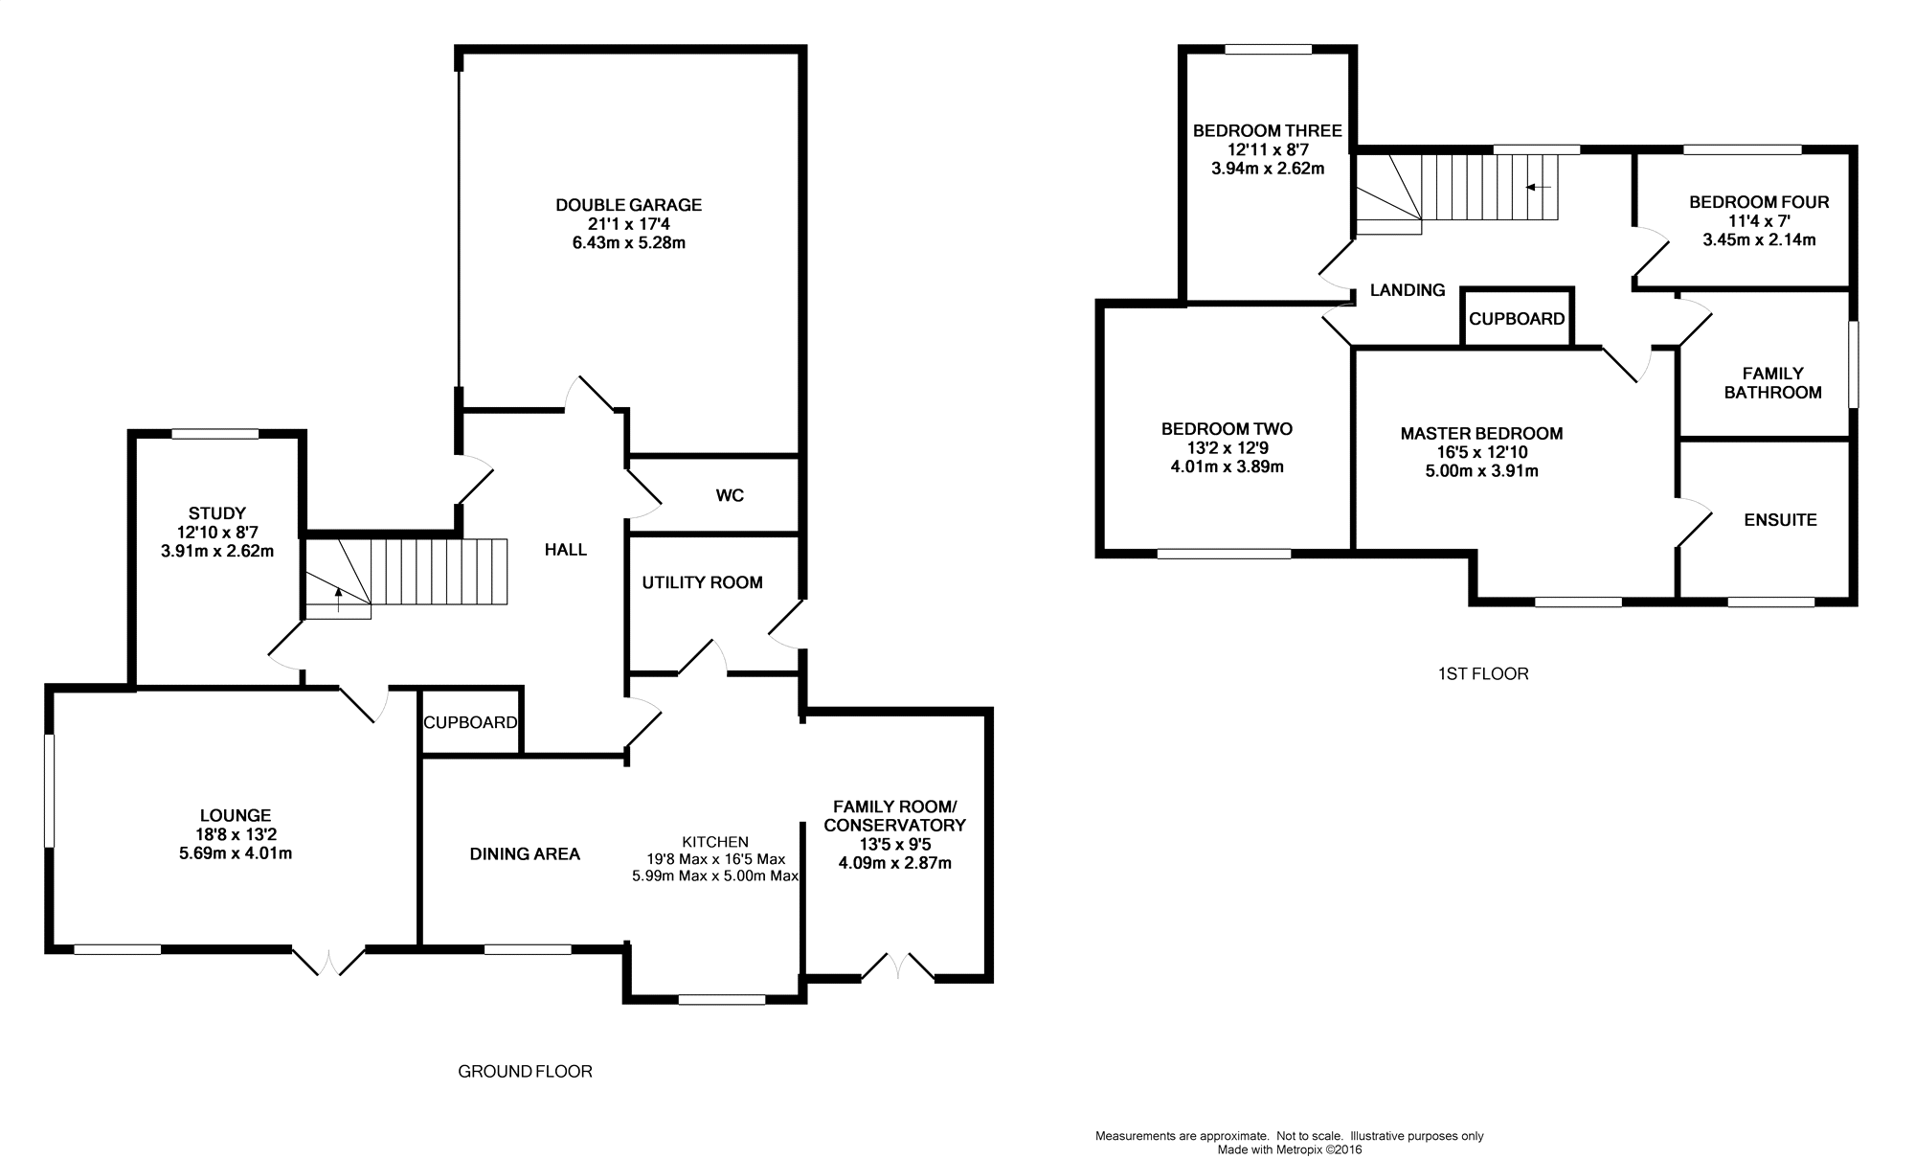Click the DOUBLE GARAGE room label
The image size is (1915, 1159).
point(628,205)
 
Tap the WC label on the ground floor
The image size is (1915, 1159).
point(730,496)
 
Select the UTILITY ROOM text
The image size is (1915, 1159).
point(702,582)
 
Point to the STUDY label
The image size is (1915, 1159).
point(217,513)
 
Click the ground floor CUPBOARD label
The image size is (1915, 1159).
point(470,722)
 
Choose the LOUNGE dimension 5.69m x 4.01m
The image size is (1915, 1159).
point(236,853)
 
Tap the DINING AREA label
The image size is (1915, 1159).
point(525,854)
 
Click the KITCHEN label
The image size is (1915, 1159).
point(715,842)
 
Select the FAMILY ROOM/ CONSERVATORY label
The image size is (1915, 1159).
point(894,816)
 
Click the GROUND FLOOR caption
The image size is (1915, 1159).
point(525,1071)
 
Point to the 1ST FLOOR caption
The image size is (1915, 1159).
point(1483,673)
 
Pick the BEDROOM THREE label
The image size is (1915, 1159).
point(1267,130)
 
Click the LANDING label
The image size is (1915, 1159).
point(1407,290)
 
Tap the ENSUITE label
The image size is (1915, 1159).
point(1780,520)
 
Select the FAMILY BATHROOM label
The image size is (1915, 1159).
point(1772,383)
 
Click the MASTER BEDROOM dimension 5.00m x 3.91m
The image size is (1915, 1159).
point(1481,471)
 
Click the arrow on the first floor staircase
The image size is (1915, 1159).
point(1538,188)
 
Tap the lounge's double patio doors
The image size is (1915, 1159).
point(328,962)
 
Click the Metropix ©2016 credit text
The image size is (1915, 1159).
point(1289,1149)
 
